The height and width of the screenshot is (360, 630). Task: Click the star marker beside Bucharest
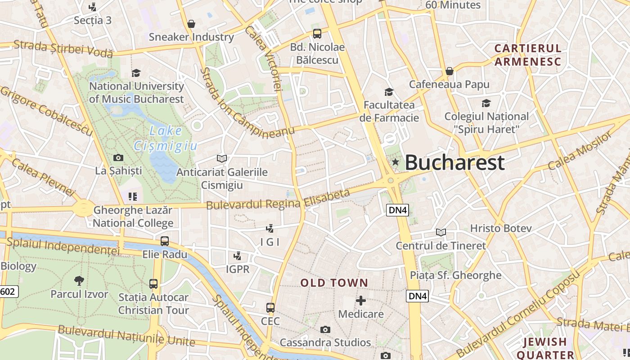coord(395,162)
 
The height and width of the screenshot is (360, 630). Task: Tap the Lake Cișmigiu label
coord(166,138)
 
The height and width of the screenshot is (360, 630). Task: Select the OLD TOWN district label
coord(334,283)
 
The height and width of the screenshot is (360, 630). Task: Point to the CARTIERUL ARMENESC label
coord(528,55)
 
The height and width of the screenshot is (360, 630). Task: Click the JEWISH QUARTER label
coord(545,348)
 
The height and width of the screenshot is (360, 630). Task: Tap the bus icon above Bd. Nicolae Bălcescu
coord(317,34)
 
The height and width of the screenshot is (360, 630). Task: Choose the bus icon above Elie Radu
coord(165,241)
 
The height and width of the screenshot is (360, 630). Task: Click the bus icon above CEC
coord(270,308)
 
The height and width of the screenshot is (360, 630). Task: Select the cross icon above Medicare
coord(361,301)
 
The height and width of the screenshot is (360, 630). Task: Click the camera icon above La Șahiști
coord(118,157)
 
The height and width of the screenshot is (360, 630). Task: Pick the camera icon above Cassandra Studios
coord(325,330)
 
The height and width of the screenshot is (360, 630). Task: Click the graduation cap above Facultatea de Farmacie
coord(389,92)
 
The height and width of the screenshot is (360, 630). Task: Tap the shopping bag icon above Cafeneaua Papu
coord(449,72)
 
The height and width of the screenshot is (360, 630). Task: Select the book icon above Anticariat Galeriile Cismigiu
coord(221,158)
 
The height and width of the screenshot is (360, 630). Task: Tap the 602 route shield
coord(8,292)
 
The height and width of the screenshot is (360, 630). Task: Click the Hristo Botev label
coord(501,228)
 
